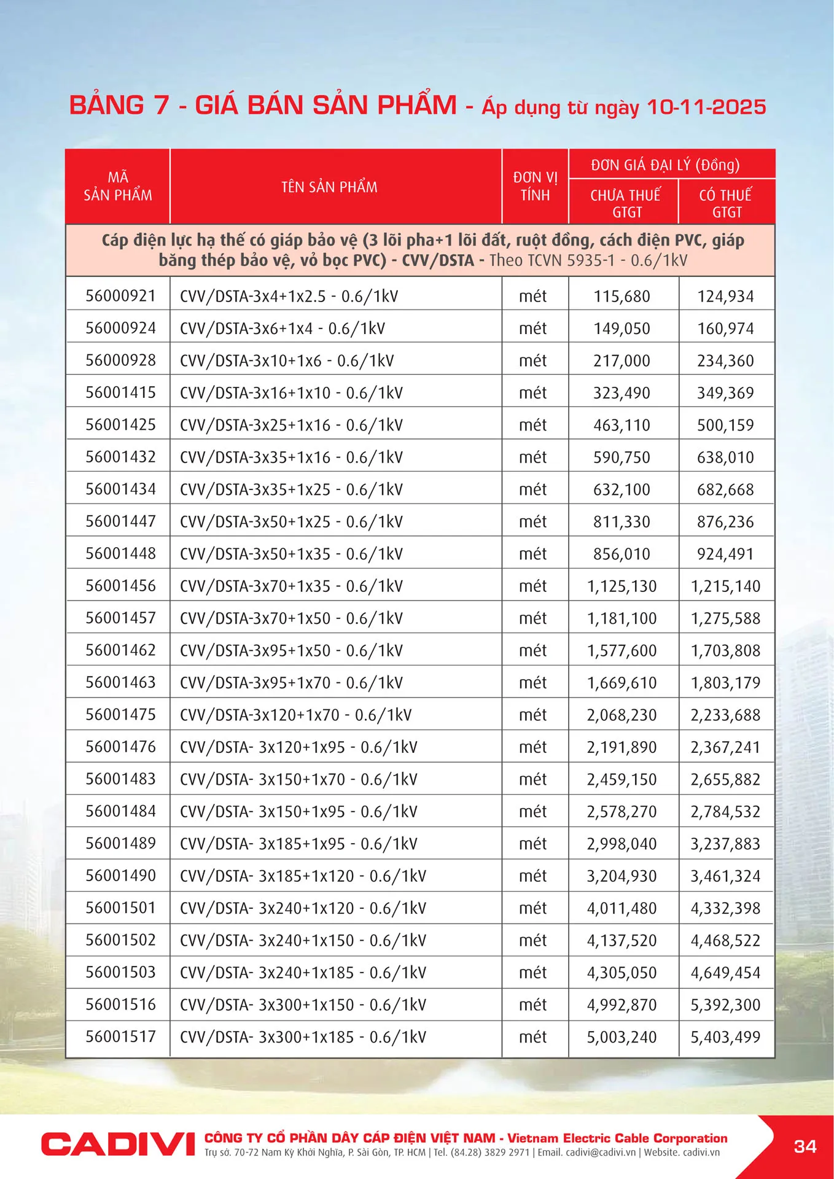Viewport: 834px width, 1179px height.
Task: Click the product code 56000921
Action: point(120,296)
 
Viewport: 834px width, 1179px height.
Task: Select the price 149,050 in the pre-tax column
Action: point(622,329)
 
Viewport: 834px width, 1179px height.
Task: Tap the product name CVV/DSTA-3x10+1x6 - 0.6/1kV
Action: point(287,360)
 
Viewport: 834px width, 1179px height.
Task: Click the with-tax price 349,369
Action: point(725,393)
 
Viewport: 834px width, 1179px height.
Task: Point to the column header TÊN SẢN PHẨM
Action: point(329,187)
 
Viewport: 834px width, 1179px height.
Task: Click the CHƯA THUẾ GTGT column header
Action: point(625,203)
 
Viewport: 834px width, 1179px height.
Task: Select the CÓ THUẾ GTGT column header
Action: point(726,203)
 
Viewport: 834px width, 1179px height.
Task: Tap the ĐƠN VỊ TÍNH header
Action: point(535,187)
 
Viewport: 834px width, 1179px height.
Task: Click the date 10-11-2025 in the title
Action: point(706,107)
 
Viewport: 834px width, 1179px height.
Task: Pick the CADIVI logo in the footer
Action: point(118,1144)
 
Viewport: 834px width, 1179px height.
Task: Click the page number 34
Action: point(805,1146)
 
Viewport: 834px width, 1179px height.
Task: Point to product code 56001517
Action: point(120,1037)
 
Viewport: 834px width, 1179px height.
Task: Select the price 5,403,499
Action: point(725,1037)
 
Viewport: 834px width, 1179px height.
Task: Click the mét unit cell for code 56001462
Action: point(532,650)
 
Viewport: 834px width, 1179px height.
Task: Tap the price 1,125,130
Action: point(622,586)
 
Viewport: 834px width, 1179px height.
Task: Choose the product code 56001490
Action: point(120,876)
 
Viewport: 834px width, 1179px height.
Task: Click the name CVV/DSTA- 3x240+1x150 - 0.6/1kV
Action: point(303,940)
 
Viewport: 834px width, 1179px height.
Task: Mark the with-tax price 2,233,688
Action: point(725,715)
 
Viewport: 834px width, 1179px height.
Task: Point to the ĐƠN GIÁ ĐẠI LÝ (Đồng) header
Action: point(665,165)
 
